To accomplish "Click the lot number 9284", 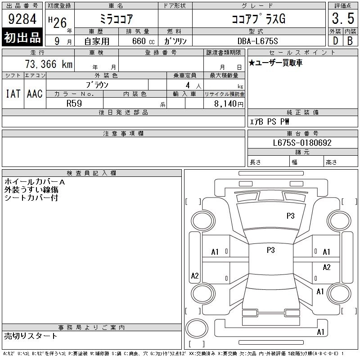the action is [22, 18].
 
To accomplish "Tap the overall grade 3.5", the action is [343, 18].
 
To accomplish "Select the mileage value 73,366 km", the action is [49, 64].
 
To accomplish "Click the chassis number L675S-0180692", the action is [302, 143].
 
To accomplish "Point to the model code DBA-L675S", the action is [257, 41].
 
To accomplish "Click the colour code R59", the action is [74, 103].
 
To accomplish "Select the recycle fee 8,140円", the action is [229, 104].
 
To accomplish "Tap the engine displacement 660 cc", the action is [143, 41].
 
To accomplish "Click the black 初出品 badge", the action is [22, 37].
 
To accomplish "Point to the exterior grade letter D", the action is [335, 41].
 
